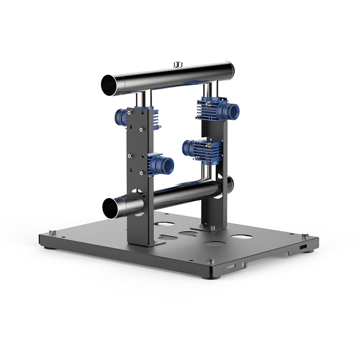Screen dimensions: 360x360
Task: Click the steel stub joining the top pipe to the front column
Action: coord(143,99)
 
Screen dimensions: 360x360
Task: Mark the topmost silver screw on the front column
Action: coord(130,112)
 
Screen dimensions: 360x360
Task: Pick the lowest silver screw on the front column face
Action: coord(141,173)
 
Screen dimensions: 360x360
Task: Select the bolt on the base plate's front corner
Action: coord(211,261)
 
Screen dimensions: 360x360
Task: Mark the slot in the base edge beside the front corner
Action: coord(231,266)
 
